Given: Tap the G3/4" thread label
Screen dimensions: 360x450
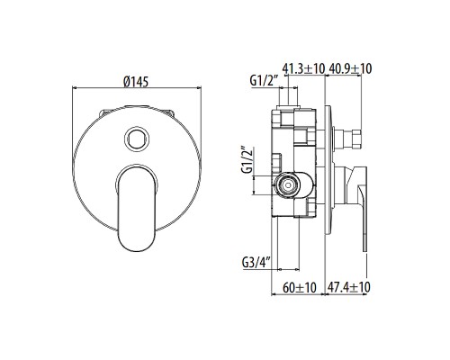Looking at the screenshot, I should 257,264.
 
